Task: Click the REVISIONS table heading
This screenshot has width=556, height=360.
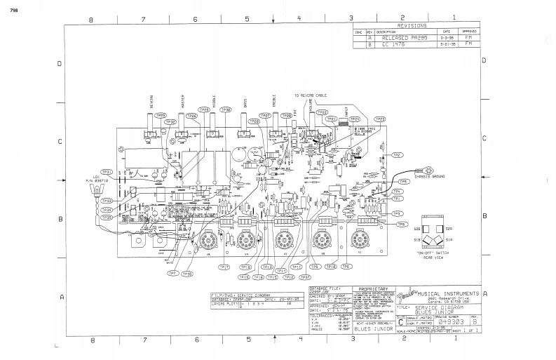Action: coord(417,25)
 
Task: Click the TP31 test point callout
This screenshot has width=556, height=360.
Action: coord(107,171)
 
